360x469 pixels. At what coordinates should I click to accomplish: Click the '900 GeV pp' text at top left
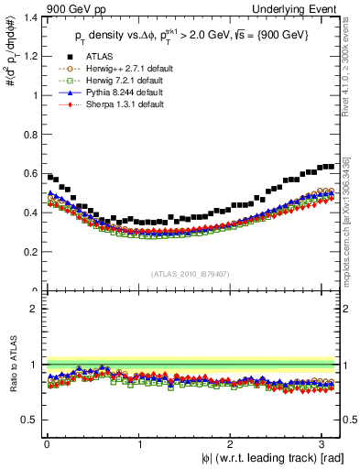point(71,9)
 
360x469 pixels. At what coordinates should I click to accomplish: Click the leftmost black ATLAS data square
point(50,177)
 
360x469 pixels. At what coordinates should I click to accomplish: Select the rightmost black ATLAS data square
point(332,167)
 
